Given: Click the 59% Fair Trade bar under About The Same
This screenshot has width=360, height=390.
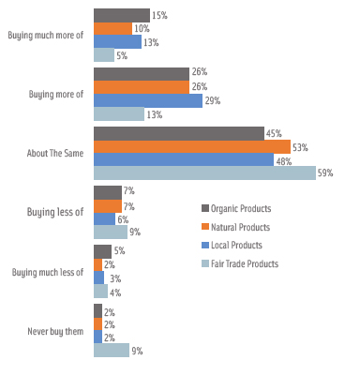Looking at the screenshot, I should coord(204,172).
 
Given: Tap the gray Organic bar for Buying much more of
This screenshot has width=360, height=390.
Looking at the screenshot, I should coord(121,15).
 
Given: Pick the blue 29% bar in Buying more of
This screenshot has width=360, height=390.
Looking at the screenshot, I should coord(147,100).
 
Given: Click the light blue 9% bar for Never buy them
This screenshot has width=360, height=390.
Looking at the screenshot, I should coord(111,350).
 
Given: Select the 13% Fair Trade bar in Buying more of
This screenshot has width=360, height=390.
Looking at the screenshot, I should coord(118,113).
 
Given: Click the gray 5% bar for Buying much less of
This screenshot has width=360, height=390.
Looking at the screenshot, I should coord(102,251).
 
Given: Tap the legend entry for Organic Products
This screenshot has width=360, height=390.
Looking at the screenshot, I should coord(239,208).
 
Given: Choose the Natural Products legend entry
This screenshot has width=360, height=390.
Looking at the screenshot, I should coord(238,227).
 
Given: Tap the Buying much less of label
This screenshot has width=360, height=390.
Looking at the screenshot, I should coord(48,272).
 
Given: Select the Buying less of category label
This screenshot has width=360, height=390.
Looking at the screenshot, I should coord(55,212).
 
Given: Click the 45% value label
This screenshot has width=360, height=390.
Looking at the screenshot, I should coord(274,133).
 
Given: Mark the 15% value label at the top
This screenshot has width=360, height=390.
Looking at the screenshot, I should coord(159,15).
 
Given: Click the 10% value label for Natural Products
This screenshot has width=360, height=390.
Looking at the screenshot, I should coord(142,29).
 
